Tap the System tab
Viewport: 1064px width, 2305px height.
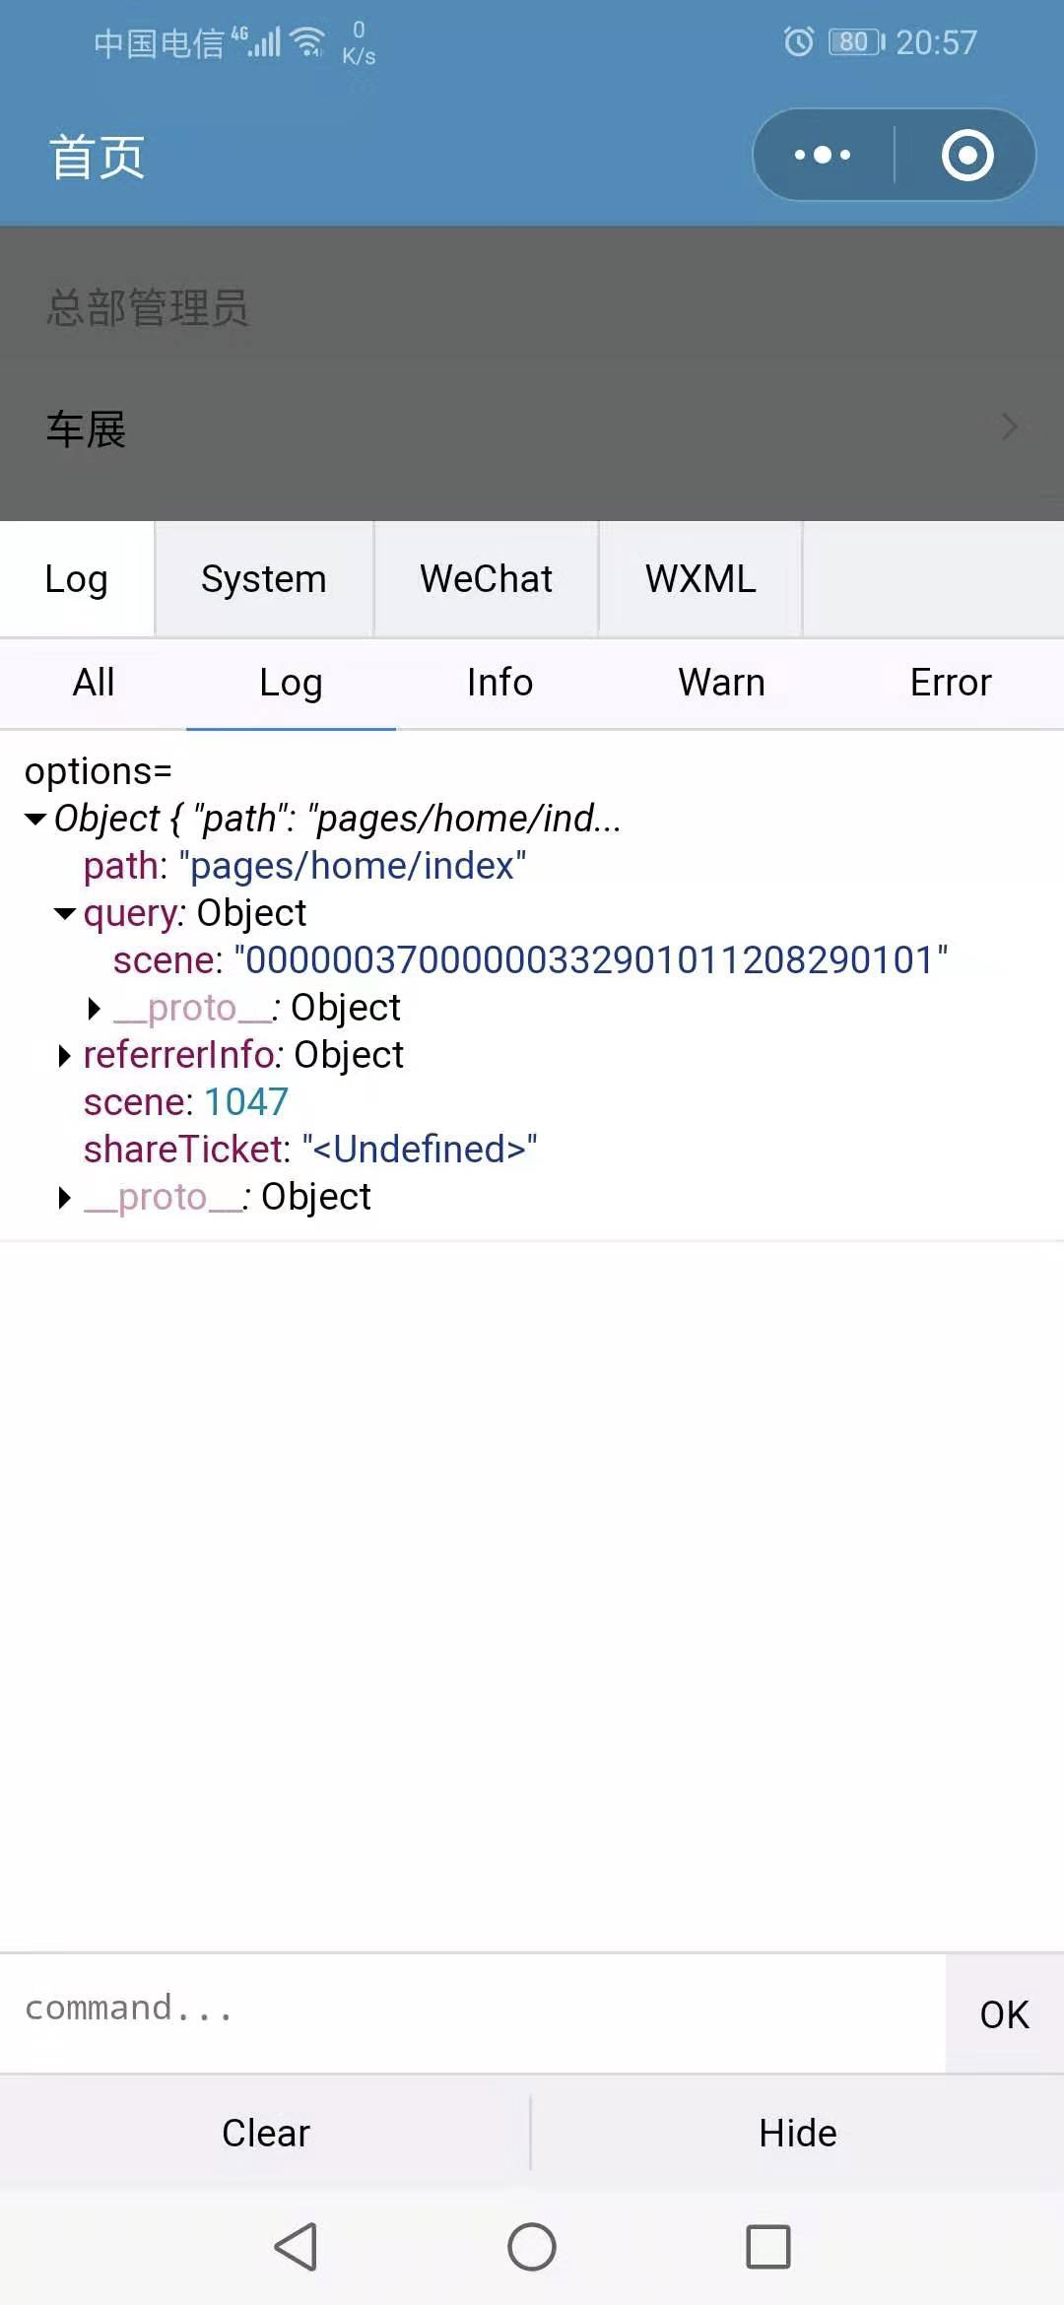[x=264, y=579]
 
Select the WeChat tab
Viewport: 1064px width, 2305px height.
[x=486, y=579]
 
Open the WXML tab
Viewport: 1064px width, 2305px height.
[x=700, y=579]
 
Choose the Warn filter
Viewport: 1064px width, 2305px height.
[x=721, y=683]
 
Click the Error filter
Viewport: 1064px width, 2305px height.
[x=951, y=683]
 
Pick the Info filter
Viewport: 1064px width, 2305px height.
[x=499, y=683]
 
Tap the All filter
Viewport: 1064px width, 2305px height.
[x=94, y=683]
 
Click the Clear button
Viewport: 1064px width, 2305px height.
[x=266, y=2134]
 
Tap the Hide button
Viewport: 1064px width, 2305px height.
[x=798, y=2134]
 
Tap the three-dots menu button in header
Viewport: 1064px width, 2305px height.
[x=823, y=155]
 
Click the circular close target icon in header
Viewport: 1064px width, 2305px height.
[x=967, y=155]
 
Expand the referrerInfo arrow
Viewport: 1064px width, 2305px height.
[x=65, y=1056]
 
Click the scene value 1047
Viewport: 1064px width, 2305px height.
[x=246, y=1102]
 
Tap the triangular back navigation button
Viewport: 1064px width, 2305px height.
[x=296, y=2247]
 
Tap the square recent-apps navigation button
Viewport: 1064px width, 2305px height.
[x=768, y=2247]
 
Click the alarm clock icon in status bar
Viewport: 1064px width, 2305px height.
[x=799, y=41]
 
